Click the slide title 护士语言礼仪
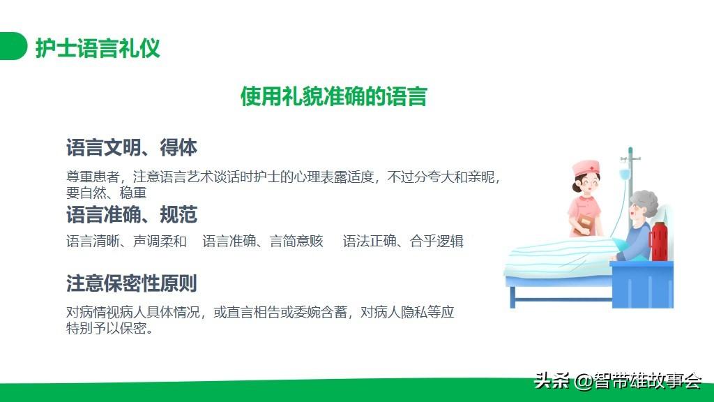pos(98,48)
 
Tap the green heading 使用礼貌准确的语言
pos(334,96)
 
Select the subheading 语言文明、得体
pos(132,148)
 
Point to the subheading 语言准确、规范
pos(132,215)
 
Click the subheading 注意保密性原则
pos(132,283)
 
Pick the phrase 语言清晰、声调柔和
pos(127,241)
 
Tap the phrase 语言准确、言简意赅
pos(263,241)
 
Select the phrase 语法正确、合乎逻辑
pos(403,241)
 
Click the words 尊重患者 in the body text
pos(93,177)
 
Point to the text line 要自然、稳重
pos(107,193)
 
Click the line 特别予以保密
pos(109,328)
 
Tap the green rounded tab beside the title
pos(13,46)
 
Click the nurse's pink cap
pos(586,167)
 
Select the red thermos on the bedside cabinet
pos(659,241)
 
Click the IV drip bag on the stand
pos(625,174)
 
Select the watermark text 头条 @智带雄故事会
pos(618,380)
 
